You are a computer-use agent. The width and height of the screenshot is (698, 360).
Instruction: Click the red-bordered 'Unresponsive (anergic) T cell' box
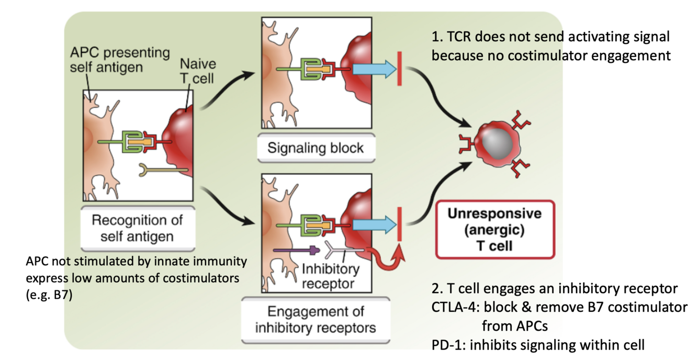[494, 229]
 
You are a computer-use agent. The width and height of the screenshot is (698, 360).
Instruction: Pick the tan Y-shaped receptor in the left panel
[157, 170]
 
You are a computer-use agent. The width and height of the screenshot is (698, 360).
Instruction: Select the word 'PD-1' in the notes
[445, 344]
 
